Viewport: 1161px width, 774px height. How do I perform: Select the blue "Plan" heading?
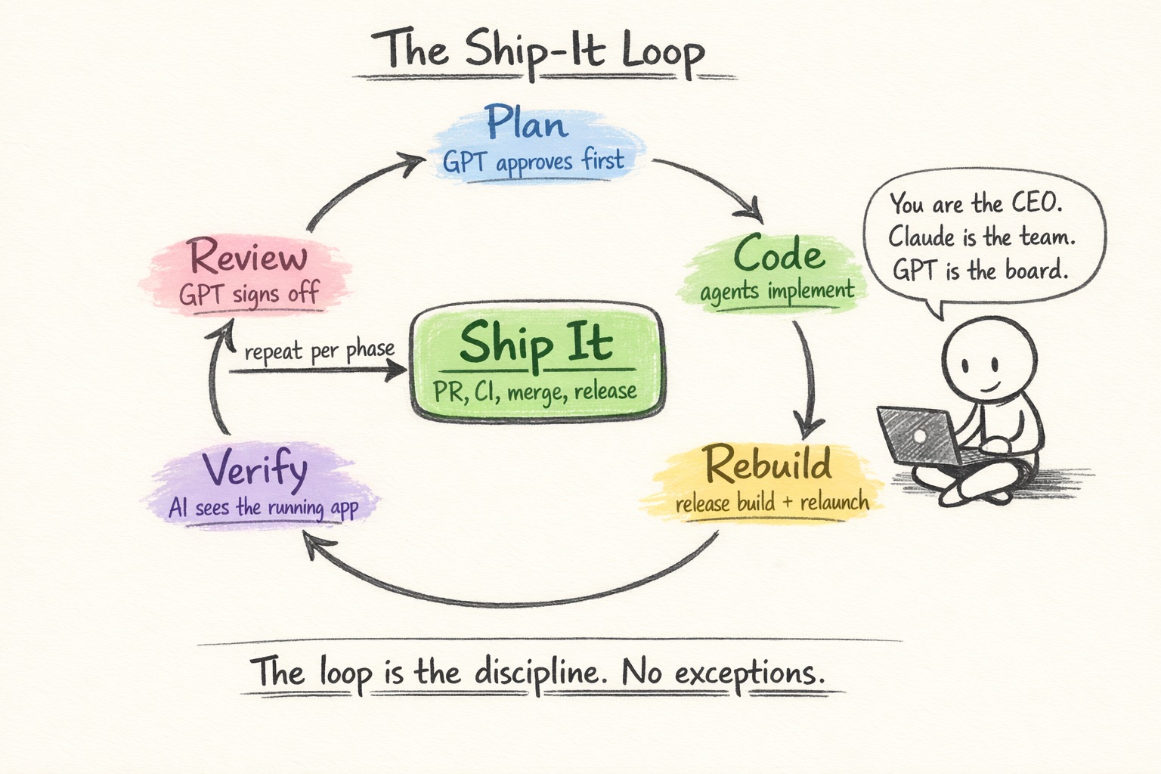click(526, 123)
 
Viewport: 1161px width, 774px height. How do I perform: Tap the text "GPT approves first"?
click(533, 162)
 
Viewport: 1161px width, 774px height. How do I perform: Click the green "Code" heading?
click(779, 254)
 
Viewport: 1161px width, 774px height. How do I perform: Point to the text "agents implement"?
click(776, 292)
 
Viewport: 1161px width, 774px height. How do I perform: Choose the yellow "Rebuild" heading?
click(767, 464)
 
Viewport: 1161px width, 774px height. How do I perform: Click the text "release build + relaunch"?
click(771, 503)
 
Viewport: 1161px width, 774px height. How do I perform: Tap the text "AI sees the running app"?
click(263, 507)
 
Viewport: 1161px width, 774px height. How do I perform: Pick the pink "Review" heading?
click(248, 257)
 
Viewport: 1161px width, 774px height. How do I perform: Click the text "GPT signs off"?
click(249, 294)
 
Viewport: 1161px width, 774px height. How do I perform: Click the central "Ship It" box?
click(536, 361)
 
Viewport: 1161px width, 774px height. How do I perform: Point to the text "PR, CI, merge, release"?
click(534, 392)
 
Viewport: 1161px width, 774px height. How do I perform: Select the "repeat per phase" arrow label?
click(319, 351)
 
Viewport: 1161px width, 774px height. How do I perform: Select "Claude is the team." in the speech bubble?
click(981, 237)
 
